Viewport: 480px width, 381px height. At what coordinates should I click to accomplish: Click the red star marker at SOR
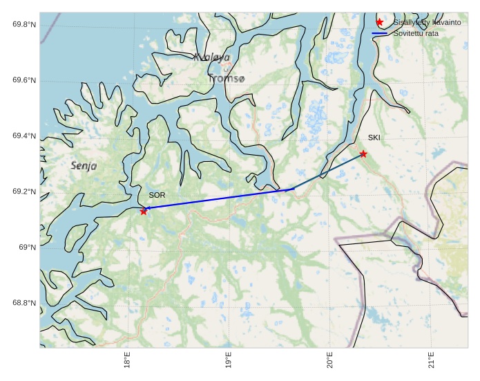[x=144, y=211]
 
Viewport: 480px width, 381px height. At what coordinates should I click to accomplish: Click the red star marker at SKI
[x=363, y=154]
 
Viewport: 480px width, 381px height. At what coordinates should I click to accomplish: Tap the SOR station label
[x=157, y=196]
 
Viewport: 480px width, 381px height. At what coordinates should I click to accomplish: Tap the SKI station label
[x=374, y=138]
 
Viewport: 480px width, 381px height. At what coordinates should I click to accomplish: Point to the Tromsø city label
[x=226, y=79]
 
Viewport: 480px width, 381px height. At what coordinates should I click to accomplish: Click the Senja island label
[x=84, y=166]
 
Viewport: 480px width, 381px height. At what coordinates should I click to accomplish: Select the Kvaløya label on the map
[x=212, y=57]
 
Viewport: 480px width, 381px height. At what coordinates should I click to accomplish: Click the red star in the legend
[x=379, y=23]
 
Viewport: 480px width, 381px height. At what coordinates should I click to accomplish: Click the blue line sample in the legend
[x=379, y=33]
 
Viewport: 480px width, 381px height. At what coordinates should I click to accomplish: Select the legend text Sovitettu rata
[x=416, y=33]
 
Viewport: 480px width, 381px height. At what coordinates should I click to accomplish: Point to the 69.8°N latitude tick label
[x=24, y=25]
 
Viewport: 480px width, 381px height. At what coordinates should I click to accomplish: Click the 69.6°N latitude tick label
[x=24, y=81]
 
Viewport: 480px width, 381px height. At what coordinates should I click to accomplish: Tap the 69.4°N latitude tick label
[x=24, y=136]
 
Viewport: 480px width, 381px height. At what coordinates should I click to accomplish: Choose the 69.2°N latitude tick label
[x=24, y=192]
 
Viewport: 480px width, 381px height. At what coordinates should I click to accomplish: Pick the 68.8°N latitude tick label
[x=24, y=303]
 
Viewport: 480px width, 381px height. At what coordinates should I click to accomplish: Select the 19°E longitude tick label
[x=229, y=360]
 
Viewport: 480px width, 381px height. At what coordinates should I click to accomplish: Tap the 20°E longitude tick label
[x=330, y=360]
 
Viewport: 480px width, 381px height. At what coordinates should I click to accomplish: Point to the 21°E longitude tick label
[x=431, y=360]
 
